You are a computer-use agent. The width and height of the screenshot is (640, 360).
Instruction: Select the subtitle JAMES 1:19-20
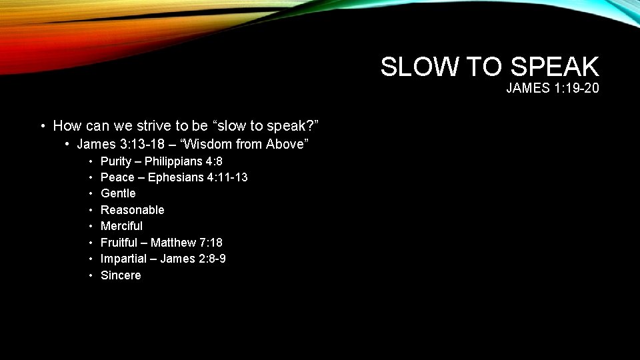(x=552, y=88)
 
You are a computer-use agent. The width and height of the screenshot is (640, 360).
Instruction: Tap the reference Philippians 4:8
(x=183, y=161)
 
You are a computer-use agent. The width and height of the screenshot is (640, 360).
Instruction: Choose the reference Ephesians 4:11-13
(x=198, y=177)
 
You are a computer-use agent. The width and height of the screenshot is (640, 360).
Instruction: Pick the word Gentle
(x=118, y=193)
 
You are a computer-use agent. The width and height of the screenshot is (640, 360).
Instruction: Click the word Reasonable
(x=132, y=210)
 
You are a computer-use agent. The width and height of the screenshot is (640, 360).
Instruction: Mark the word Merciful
(x=121, y=226)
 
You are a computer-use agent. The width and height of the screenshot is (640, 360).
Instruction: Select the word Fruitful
(x=119, y=243)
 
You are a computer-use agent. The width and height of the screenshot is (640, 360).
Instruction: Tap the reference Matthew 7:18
(x=187, y=243)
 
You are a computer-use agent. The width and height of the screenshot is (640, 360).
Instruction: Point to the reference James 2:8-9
(x=193, y=259)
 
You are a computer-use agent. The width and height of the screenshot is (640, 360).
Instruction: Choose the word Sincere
(x=121, y=275)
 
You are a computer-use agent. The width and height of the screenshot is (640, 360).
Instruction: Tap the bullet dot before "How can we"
(x=42, y=126)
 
